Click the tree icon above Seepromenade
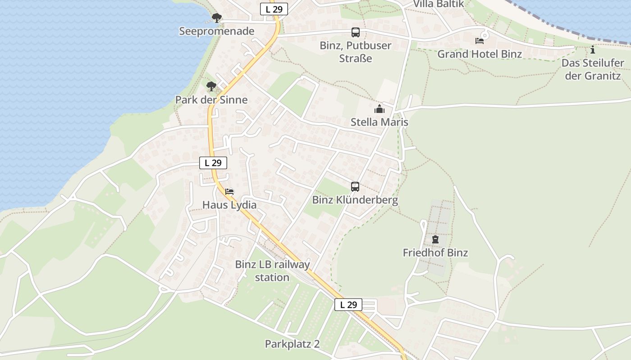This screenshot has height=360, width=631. pos(217,18)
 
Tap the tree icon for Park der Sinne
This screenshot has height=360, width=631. pos(211,86)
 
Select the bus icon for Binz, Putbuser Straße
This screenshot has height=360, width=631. pos(356,32)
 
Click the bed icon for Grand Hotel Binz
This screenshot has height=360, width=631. pos(480,41)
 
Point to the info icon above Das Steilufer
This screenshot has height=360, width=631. pos(593,50)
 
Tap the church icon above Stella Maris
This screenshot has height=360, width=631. pos(380,109)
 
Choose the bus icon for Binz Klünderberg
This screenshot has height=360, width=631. pos(355,187)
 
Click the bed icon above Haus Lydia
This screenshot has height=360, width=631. pos(229,192)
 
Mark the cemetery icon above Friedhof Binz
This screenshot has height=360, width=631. pos(435,239)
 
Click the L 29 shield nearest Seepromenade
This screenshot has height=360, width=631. pos(274,9)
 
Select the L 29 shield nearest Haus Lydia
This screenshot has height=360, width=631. pos(213,163)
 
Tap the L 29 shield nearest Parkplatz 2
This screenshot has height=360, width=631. pos(348,305)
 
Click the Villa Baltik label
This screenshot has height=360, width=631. pos(439,4)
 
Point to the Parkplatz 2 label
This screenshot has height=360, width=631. pos(292,344)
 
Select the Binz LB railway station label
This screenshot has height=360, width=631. pos(272,270)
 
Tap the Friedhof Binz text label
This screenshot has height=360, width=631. pos(435,253)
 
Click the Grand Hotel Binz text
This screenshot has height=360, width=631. pos(480,54)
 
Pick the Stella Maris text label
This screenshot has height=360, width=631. pos(380,122)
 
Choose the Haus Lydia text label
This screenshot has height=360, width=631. pos(229,205)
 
